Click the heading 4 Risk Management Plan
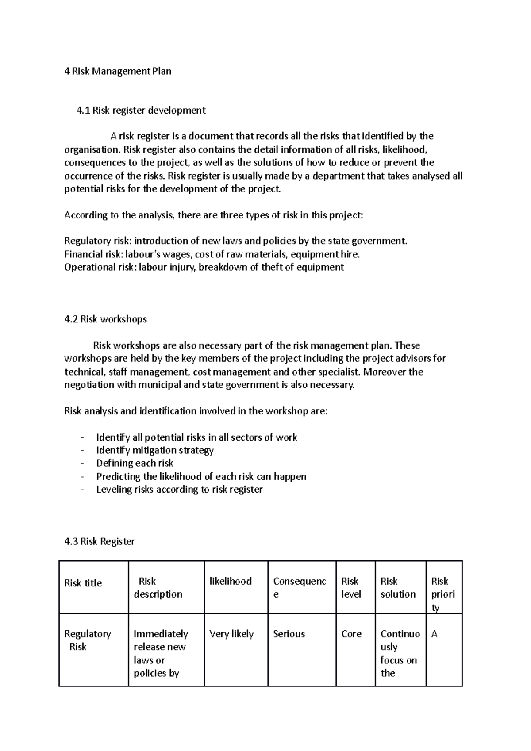(118, 71)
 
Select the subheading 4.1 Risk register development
(141, 110)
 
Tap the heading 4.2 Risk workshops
(105, 319)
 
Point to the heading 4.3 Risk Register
(100, 541)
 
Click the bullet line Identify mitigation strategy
(155, 450)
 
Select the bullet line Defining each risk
(135, 463)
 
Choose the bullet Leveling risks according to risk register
(179, 489)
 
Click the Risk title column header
(83, 583)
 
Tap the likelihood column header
(231, 581)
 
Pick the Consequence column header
(300, 587)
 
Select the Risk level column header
(351, 587)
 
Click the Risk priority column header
(442, 594)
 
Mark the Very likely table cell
(231, 634)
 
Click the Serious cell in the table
(289, 634)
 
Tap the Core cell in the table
(351, 634)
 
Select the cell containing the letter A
(435, 634)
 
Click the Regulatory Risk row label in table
(87, 640)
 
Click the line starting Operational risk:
(204, 267)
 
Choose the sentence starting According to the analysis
(213, 215)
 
